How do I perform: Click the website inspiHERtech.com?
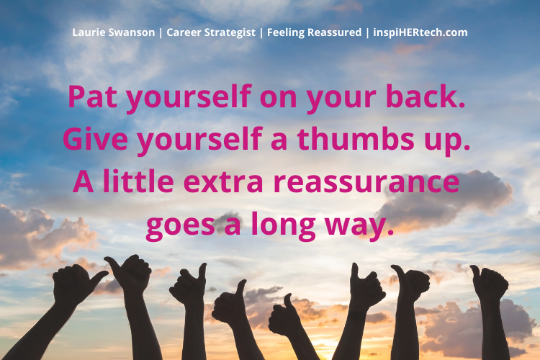point(420,33)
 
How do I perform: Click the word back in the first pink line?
point(424,98)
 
